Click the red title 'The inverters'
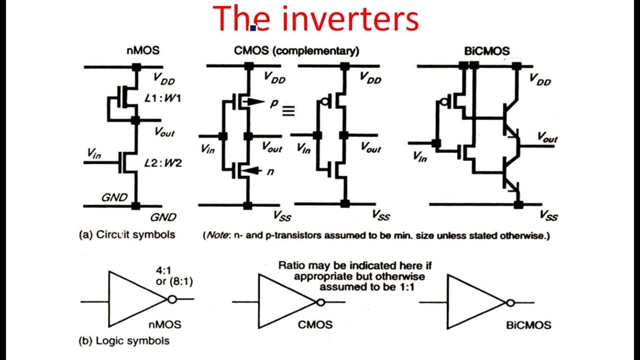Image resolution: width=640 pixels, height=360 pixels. [315, 18]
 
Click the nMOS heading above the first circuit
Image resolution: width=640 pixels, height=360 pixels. [143, 50]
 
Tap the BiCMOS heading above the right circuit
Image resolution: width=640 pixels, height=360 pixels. [487, 51]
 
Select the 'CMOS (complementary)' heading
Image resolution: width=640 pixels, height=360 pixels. [296, 51]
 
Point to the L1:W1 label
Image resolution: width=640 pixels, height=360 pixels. [163, 98]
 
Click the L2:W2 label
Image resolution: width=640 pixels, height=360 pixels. [163, 163]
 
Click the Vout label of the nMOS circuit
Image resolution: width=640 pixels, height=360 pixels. [164, 131]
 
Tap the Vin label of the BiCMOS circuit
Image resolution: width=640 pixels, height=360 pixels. [419, 156]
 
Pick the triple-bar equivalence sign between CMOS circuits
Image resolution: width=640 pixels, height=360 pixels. [288, 110]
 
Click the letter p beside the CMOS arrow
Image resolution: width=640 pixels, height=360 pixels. [273, 103]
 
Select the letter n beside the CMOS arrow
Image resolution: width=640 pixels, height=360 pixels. [270, 171]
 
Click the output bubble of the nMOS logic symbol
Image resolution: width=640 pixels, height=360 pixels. [172, 299]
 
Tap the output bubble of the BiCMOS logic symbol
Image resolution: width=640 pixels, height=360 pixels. [510, 303]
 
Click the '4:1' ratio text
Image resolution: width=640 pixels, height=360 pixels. [163, 270]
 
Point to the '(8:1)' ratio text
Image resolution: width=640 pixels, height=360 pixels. [181, 281]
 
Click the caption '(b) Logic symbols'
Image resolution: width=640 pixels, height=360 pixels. [124, 341]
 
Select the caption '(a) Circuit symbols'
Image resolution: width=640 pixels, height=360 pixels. [127, 234]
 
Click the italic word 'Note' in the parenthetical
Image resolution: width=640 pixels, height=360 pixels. [217, 235]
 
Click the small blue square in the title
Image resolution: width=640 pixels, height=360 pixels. [253, 28]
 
